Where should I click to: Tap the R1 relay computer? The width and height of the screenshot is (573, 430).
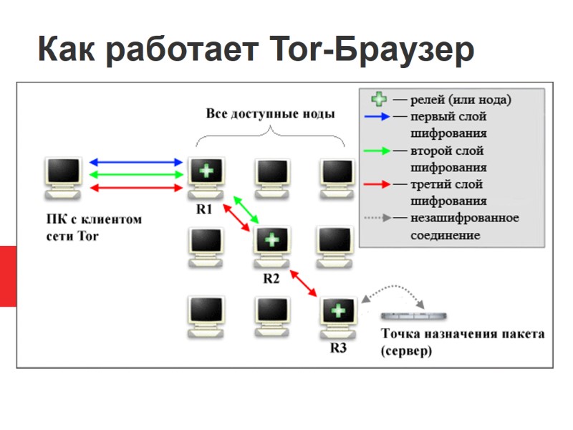click(x=206, y=176)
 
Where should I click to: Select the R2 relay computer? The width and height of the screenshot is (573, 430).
click(x=271, y=244)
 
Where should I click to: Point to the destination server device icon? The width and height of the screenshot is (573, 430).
click(x=414, y=316)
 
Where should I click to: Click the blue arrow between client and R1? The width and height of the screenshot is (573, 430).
click(x=136, y=163)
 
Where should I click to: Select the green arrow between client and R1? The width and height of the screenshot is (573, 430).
click(x=136, y=174)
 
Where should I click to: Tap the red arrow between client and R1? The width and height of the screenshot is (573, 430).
click(x=136, y=187)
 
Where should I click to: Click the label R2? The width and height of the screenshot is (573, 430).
click(x=271, y=279)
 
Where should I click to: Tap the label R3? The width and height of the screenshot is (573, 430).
click(x=338, y=348)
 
